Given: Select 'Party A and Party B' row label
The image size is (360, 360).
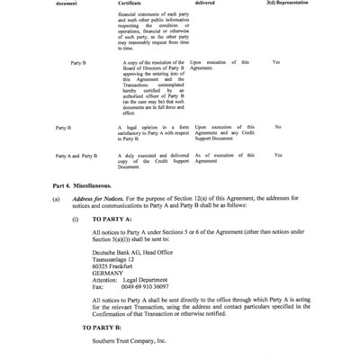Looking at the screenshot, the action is coord(76,156).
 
